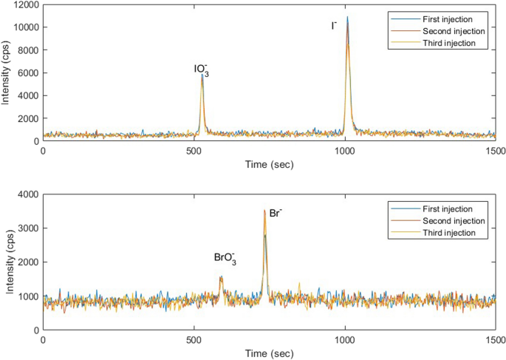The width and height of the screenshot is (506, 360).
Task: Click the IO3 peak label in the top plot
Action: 202,69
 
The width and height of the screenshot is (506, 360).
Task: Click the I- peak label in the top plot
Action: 334,26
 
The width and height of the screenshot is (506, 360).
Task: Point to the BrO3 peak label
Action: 225,258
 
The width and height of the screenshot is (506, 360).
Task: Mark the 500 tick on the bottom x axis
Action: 194,341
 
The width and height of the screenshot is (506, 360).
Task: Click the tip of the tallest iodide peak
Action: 347,17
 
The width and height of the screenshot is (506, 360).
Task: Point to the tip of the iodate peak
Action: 202,75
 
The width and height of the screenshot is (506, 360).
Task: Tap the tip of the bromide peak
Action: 264,211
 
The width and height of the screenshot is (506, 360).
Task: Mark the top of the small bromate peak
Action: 221,277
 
